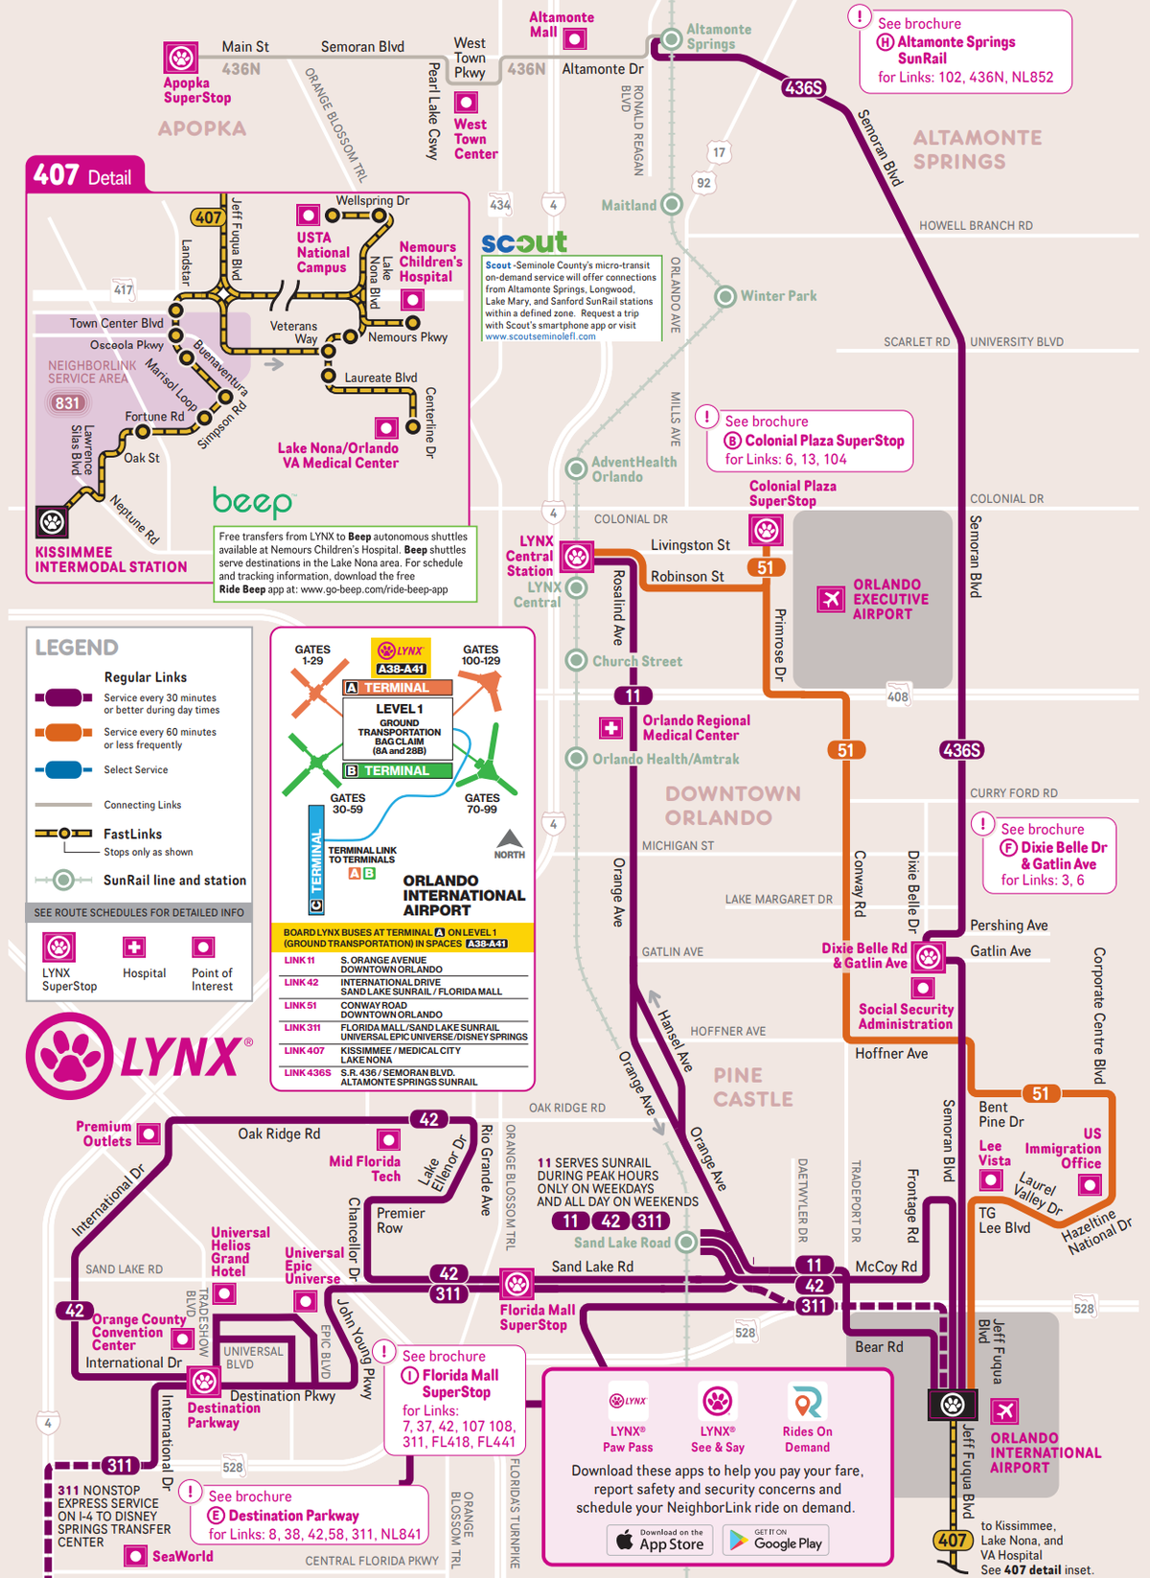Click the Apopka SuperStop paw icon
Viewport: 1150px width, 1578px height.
pyautogui.click(x=180, y=57)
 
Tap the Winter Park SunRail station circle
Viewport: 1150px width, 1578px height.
pyautogui.click(x=725, y=296)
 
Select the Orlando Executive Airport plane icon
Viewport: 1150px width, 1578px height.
pyautogui.click(x=831, y=599)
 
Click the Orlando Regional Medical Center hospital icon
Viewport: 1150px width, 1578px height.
pyautogui.click(x=610, y=728)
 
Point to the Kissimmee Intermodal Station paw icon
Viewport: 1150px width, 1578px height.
pyautogui.click(x=52, y=522)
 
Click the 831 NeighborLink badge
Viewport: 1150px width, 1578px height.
pyautogui.click(x=67, y=403)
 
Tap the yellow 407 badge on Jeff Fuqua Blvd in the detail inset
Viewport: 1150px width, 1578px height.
pyautogui.click(x=208, y=217)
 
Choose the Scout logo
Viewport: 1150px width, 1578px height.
pyautogui.click(x=524, y=242)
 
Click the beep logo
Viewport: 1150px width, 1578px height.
pyautogui.click(x=252, y=501)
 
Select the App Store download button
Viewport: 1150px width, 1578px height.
pyautogui.click(x=659, y=1540)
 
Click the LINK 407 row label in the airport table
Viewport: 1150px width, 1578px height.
pyautogui.click(x=304, y=1051)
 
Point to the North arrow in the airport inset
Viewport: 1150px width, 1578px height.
pyautogui.click(x=509, y=841)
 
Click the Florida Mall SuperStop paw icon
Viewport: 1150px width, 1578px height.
pyautogui.click(x=517, y=1284)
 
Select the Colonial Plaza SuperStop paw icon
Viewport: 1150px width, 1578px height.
pyautogui.click(x=766, y=530)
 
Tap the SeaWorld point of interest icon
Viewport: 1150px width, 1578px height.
pyautogui.click(x=136, y=1556)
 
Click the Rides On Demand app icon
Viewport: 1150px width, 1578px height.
pyautogui.click(x=807, y=1403)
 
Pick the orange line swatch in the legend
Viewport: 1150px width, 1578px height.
pyautogui.click(x=63, y=732)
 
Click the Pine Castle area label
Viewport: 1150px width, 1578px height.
pyautogui.click(x=752, y=1087)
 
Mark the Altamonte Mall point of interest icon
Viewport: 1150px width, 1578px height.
pyautogui.click(x=574, y=38)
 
